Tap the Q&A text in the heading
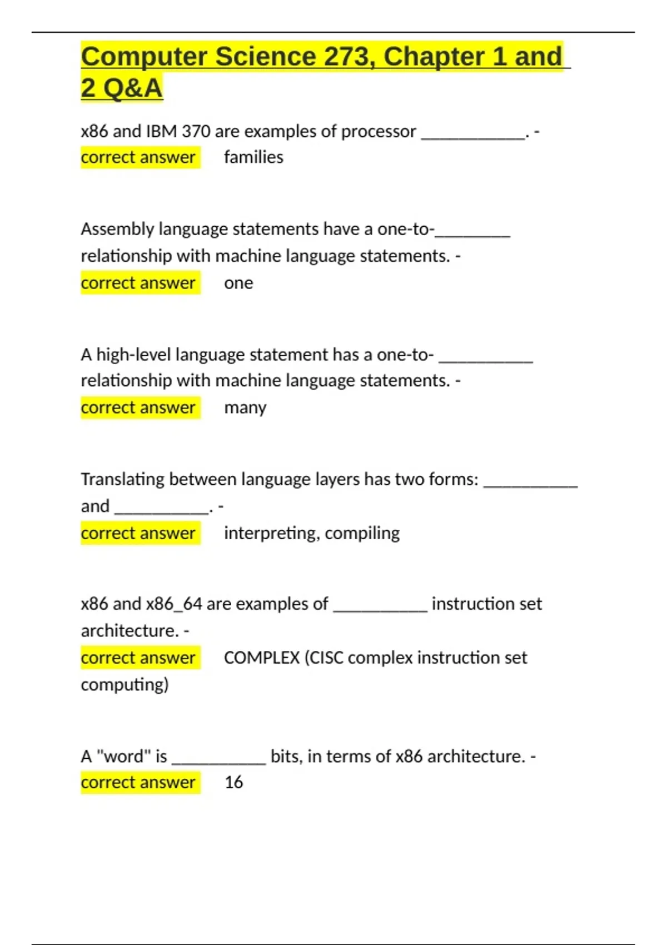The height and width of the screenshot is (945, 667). click(x=133, y=88)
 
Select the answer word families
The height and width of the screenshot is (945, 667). click(x=253, y=157)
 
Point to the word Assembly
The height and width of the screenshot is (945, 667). click(x=117, y=229)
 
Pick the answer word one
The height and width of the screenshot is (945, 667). click(x=238, y=283)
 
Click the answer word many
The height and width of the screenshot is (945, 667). click(x=245, y=407)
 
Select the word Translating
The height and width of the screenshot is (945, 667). click(x=122, y=479)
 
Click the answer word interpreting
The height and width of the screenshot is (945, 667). click(x=271, y=533)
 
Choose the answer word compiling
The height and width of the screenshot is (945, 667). click(x=362, y=533)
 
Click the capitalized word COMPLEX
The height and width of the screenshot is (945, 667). click(x=262, y=658)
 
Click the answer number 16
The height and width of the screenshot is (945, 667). click(x=233, y=783)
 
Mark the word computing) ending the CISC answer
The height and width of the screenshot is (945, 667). click(x=125, y=684)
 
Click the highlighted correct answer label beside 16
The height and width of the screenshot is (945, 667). click(x=138, y=783)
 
